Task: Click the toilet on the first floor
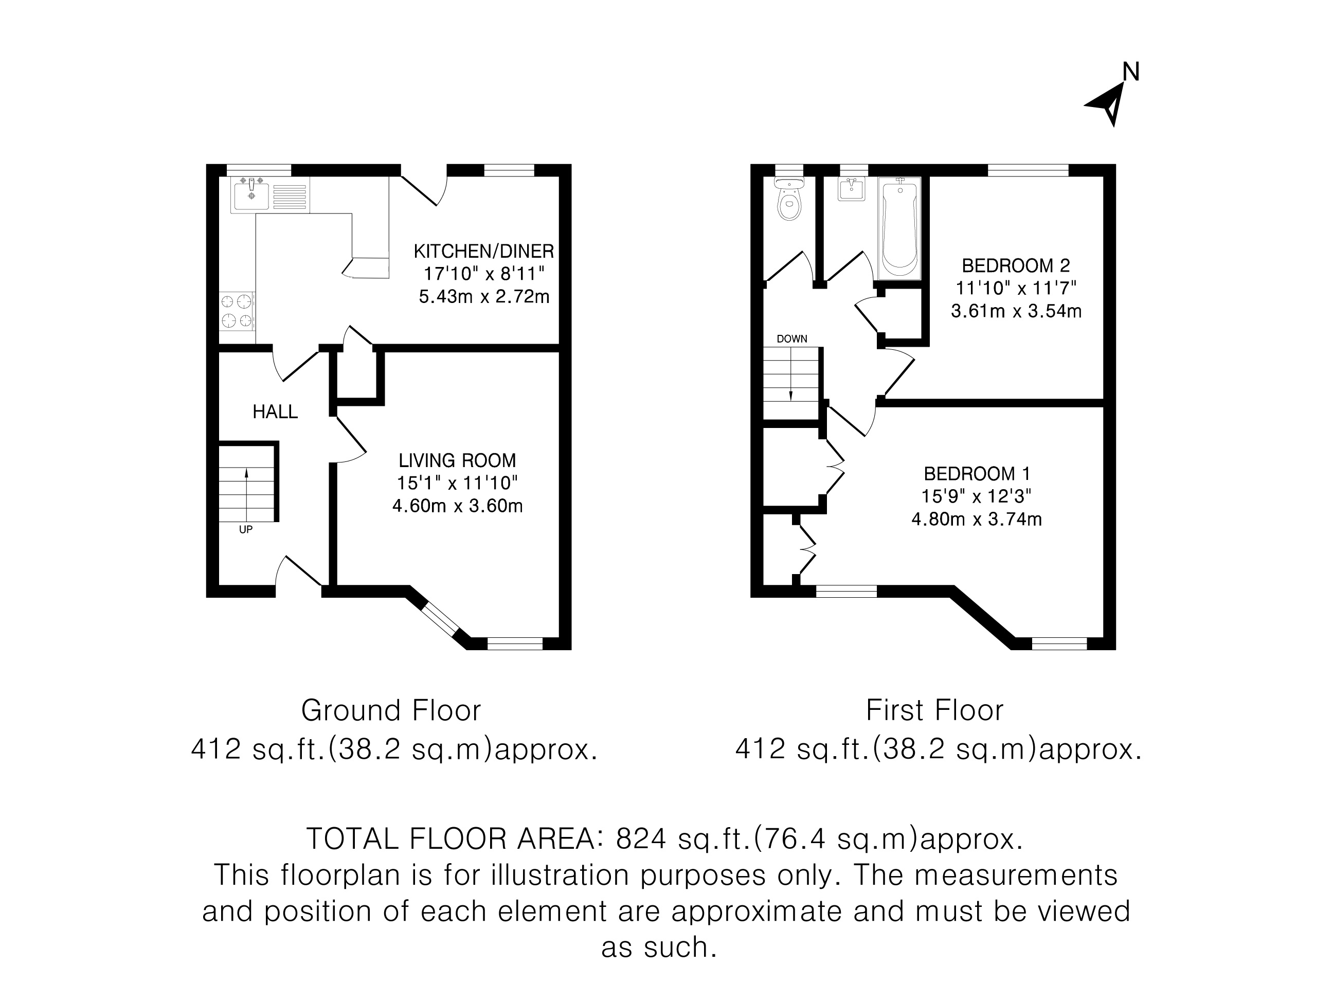tap(789, 200)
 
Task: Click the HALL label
tap(275, 412)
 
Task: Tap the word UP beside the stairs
tap(245, 530)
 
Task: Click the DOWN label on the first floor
tap(792, 339)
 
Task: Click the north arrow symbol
tap(1107, 106)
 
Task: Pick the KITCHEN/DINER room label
tap(483, 251)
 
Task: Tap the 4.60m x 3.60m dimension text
tap(457, 506)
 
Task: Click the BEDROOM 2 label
tap(1016, 265)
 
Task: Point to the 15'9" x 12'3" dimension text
tap(976, 496)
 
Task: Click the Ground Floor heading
tap(391, 711)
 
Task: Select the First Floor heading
tap(934, 711)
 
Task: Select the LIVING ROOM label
tap(457, 460)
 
